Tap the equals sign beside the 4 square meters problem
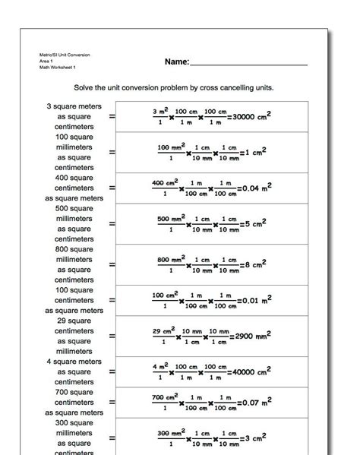click(x=112, y=372)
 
